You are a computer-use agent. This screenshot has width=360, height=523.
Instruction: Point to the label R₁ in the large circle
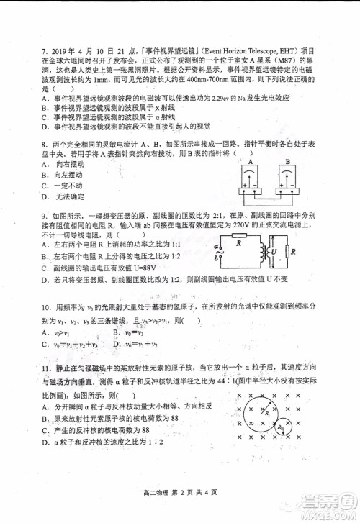click(x=268, y=415)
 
